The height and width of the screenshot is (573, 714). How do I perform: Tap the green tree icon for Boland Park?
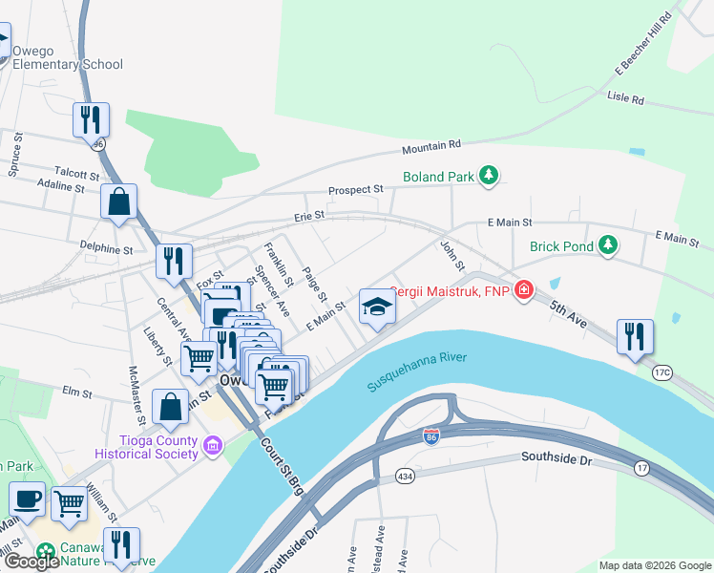tap(489, 175)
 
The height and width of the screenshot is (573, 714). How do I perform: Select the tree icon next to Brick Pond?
tap(607, 245)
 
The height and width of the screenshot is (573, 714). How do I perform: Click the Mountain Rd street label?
tap(430, 146)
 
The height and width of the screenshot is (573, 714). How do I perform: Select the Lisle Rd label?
tap(625, 98)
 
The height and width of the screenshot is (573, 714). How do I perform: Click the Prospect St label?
tap(355, 190)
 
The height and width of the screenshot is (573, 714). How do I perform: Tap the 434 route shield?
tap(405, 476)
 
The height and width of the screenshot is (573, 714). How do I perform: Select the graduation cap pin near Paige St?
tap(377, 307)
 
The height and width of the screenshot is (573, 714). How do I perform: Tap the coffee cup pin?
tap(27, 498)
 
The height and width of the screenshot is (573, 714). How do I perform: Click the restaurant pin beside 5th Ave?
tap(635, 337)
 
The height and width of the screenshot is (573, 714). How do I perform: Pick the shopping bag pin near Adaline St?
tap(118, 202)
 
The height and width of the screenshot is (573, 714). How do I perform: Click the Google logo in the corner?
tap(31, 562)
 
